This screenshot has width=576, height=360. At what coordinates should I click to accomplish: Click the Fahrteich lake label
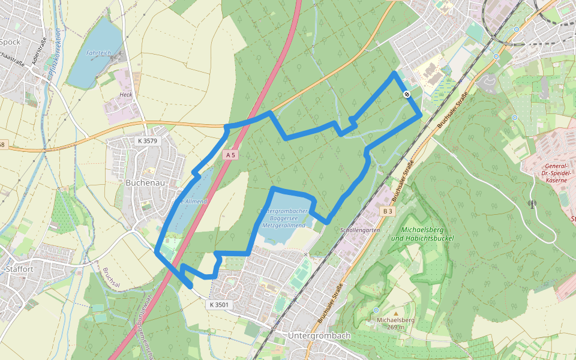click(98, 53)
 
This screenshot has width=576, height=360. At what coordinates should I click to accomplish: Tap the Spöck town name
click(11, 42)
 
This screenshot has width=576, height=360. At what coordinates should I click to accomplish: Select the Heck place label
click(125, 95)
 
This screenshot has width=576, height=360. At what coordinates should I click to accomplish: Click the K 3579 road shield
click(146, 141)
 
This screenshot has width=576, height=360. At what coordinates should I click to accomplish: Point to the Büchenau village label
click(145, 182)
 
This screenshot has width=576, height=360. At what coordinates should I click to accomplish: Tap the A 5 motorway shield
click(230, 155)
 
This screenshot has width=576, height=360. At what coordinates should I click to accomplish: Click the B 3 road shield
click(388, 211)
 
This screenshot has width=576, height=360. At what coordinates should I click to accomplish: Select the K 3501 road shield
click(220, 305)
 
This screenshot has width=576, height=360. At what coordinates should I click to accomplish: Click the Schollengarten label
click(360, 230)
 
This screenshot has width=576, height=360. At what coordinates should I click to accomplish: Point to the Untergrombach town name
click(319, 336)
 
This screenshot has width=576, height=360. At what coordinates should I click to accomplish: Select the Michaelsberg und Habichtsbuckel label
click(422, 234)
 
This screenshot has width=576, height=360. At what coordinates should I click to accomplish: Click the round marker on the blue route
click(407, 94)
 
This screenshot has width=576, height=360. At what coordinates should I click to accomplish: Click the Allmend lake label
click(193, 202)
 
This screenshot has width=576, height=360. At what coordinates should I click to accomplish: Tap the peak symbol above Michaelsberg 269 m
click(376, 310)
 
